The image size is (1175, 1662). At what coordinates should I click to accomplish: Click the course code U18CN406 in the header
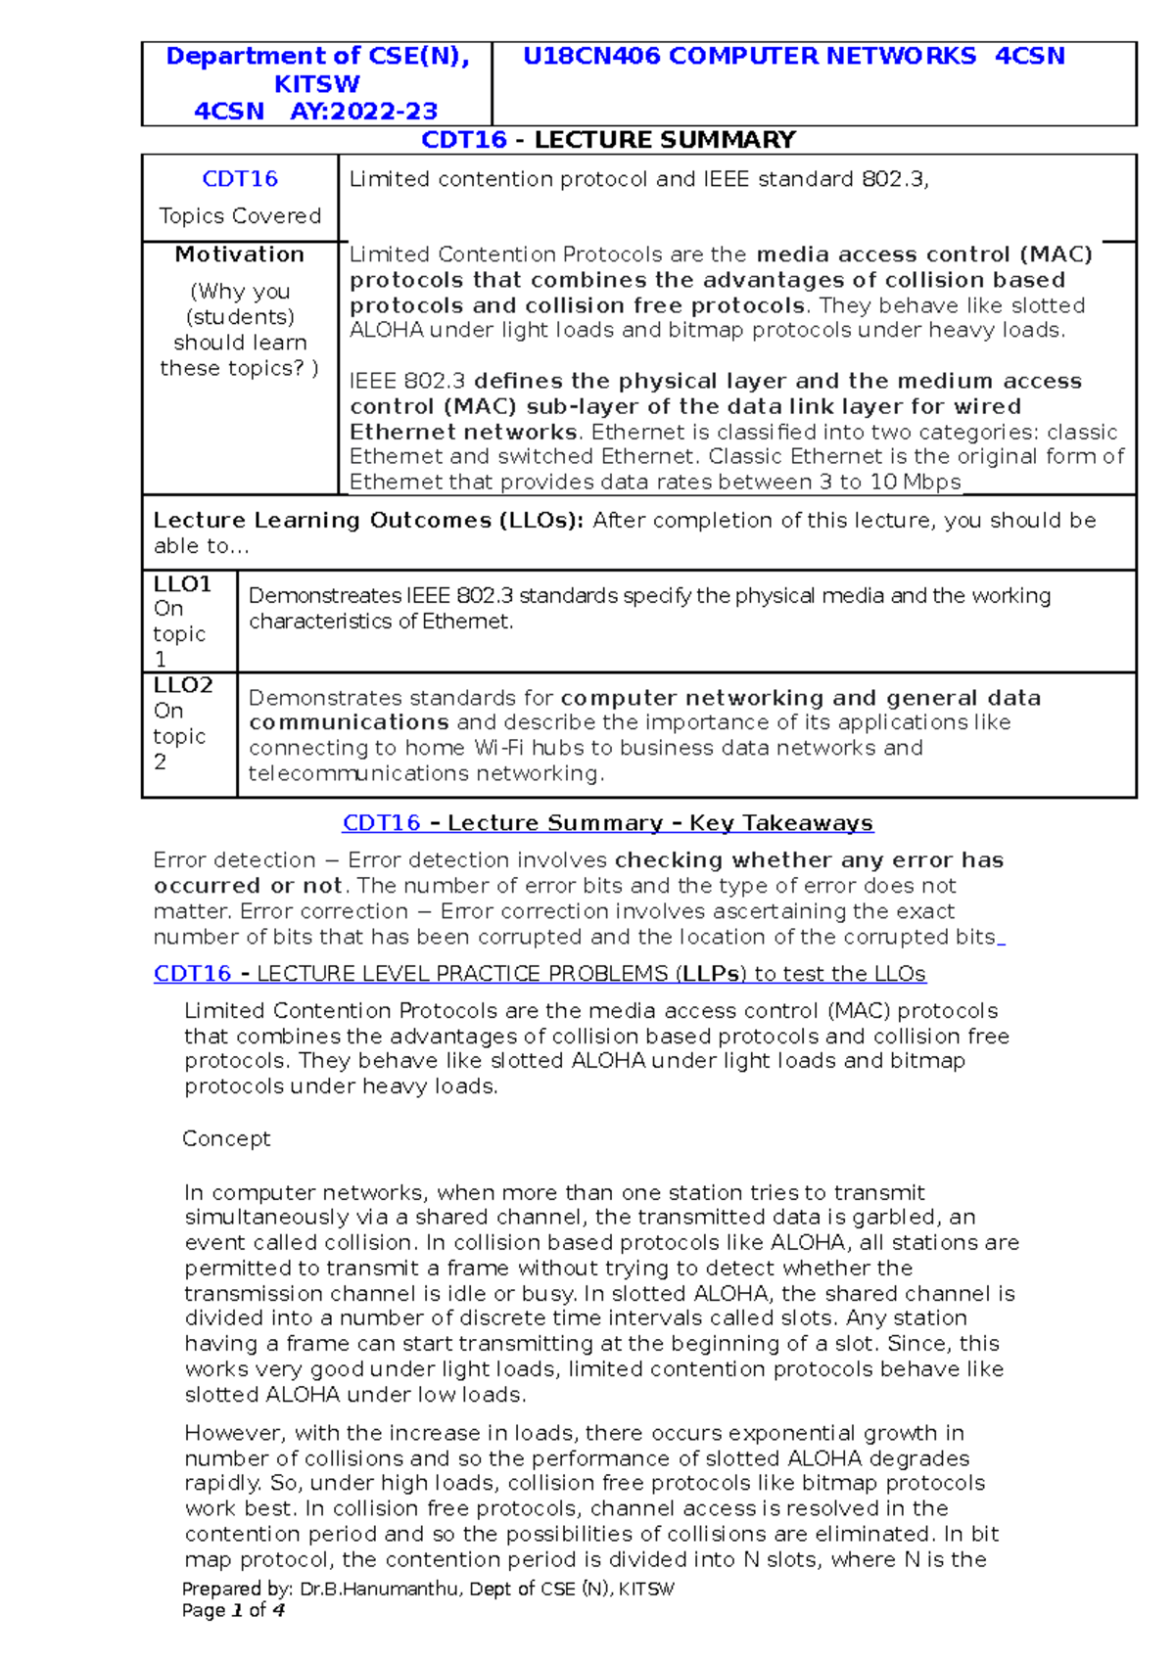591,57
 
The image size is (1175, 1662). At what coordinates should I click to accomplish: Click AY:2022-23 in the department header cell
363,112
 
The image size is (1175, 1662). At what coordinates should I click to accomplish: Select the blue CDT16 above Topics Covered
240,179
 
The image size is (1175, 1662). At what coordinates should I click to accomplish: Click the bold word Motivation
240,254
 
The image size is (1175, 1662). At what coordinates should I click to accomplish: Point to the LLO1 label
182,584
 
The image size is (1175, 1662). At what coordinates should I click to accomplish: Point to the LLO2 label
183,685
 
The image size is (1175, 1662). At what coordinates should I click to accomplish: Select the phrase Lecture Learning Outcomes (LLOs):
368,521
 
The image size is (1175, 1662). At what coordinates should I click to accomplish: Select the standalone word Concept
226,1138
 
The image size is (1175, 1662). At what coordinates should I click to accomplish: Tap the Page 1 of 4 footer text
233,1610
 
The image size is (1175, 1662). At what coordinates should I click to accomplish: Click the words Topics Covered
240,216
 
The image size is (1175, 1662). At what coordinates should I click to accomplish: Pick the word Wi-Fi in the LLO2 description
499,748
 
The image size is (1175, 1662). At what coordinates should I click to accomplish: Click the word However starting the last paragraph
234,1433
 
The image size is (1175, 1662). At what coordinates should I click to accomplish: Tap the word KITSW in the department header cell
316,84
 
